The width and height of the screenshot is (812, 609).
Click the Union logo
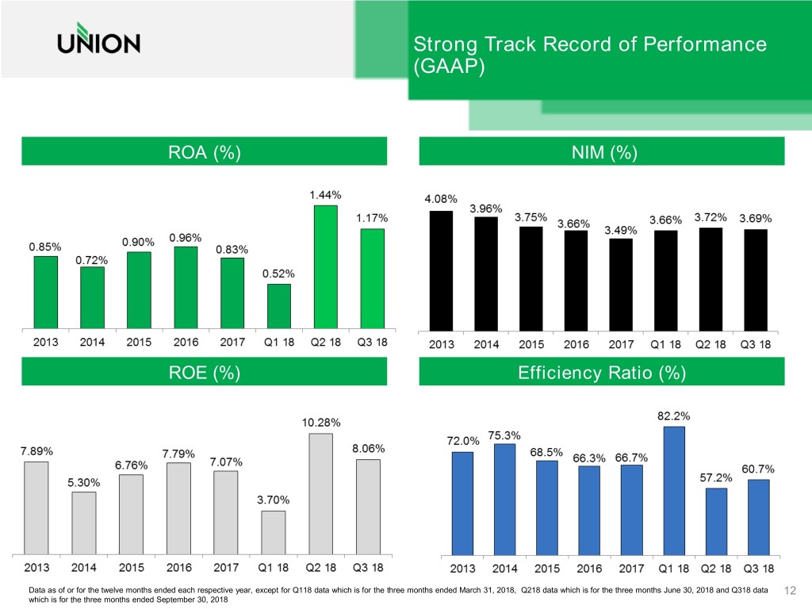point(98,43)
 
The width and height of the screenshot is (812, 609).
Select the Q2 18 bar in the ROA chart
point(325,266)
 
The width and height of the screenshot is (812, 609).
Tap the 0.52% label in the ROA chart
point(278,274)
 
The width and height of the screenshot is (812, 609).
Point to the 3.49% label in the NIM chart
point(621,230)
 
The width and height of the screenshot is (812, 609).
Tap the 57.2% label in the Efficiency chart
point(716,478)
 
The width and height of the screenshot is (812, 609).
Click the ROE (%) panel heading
point(205,372)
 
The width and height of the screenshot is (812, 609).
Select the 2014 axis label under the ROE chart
point(84,568)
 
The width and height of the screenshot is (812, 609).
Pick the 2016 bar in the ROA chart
point(186,287)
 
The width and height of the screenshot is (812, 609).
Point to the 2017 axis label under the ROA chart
point(232,343)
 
